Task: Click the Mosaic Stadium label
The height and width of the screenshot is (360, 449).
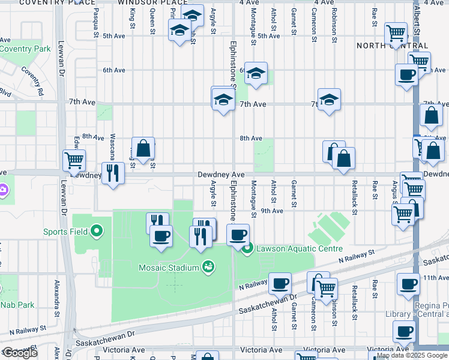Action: (x=169, y=268)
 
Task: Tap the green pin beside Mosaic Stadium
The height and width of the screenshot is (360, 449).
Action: (x=208, y=266)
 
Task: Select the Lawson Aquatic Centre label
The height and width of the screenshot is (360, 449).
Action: (x=299, y=248)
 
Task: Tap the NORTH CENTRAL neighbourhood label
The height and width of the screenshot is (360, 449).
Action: (x=392, y=46)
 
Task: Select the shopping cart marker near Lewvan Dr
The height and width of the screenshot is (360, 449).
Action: (x=74, y=160)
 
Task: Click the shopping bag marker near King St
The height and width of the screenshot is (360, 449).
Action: (x=143, y=148)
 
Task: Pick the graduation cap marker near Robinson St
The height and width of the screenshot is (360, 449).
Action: (x=329, y=99)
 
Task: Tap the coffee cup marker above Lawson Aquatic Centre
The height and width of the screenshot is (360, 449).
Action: (x=238, y=234)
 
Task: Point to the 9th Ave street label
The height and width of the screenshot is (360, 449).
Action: (x=272, y=211)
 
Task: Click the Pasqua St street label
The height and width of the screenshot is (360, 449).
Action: (x=95, y=25)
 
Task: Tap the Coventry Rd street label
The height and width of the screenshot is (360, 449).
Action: (x=32, y=81)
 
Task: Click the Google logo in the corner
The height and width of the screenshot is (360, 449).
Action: (x=20, y=353)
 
